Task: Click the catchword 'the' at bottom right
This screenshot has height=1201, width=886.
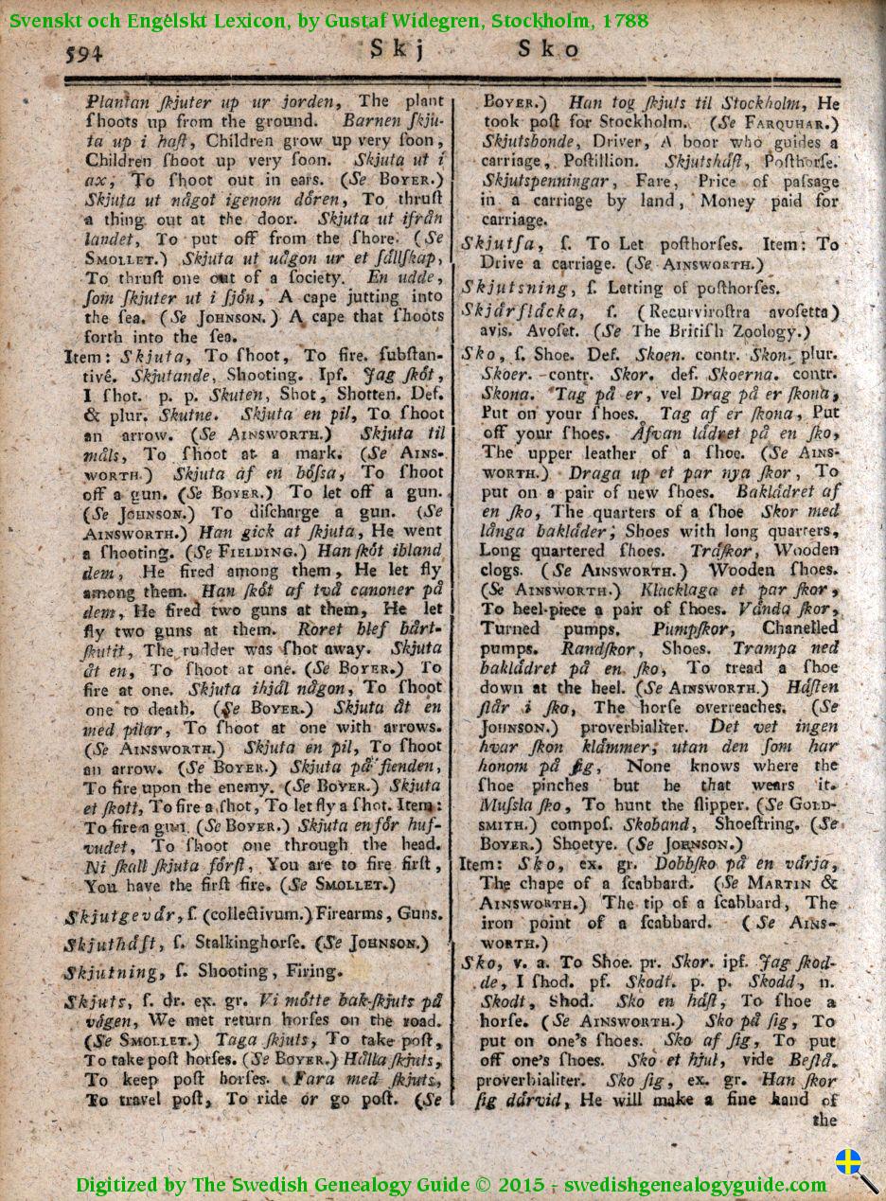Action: pyautogui.click(x=824, y=1120)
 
